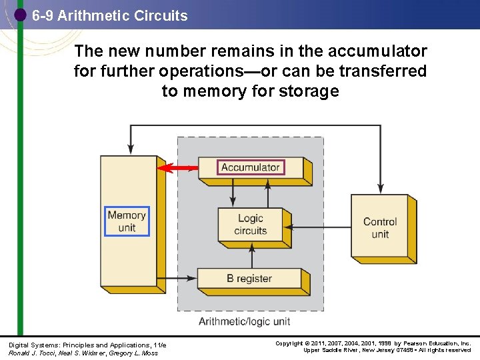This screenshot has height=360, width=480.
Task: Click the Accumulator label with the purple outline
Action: [x=251, y=167]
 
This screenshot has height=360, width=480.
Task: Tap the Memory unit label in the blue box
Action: [x=127, y=221]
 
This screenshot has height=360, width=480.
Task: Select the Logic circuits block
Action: [x=250, y=225]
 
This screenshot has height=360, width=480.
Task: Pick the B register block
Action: [x=249, y=279]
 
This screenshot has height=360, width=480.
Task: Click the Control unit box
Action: [x=380, y=227]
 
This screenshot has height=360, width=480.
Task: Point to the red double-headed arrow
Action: [x=178, y=168]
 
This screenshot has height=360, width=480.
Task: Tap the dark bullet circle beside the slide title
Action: [x=20, y=15]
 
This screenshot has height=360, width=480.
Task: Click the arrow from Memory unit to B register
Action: [x=177, y=277]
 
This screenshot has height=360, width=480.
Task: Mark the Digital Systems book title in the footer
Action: [x=87, y=345]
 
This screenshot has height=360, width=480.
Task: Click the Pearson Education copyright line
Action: [x=373, y=344]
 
